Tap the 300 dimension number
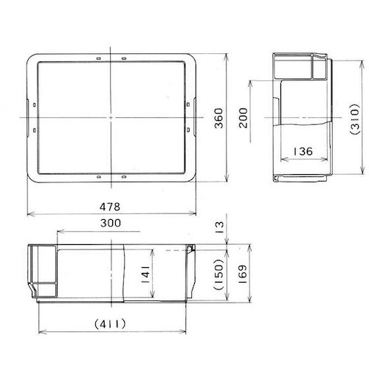(109, 223)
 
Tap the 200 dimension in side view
(244, 117)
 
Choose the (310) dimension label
(352, 118)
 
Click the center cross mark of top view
(110, 117)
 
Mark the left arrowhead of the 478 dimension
(28, 215)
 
